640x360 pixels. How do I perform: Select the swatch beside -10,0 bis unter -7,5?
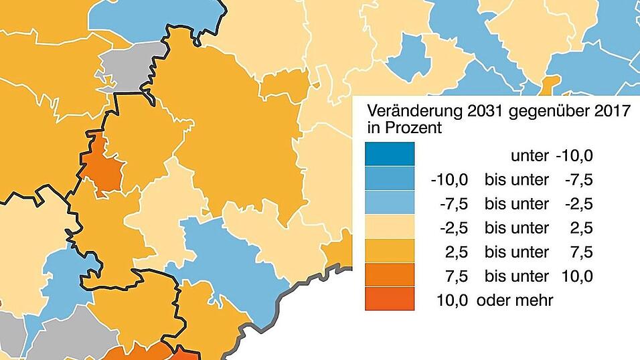[x=390, y=179]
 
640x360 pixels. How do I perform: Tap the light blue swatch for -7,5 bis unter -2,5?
[x=390, y=203]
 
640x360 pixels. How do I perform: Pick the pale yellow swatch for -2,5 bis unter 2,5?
[x=390, y=227]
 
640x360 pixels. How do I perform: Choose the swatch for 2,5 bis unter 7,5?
[x=390, y=251]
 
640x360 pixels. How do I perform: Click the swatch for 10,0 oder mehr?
[x=390, y=298]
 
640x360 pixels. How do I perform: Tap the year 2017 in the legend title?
[x=612, y=111]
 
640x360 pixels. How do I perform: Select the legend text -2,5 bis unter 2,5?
[x=511, y=228]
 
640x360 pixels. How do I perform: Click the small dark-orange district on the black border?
[x=102, y=165]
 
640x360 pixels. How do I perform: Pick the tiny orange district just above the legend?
[x=548, y=86]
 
